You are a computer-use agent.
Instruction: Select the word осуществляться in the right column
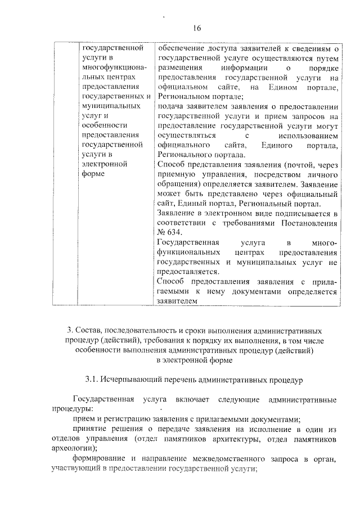click(x=187, y=136)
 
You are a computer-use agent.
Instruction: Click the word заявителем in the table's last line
click(x=178, y=301)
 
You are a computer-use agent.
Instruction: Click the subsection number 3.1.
click(x=92, y=381)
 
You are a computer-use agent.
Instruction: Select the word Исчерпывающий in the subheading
click(x=133, y=381)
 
